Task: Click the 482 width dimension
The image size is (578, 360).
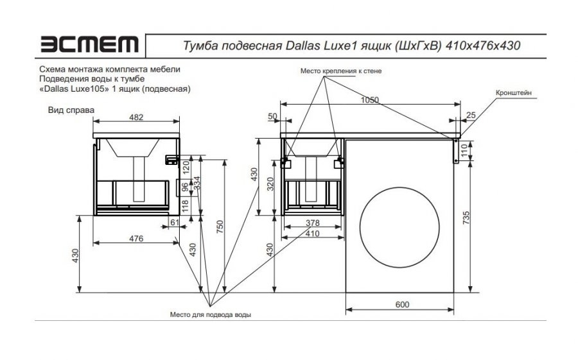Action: (137, 117)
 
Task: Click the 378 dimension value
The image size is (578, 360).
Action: (311, 223)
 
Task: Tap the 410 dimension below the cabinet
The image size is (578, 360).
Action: (312, 234)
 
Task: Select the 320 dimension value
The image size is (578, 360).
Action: (270, 185)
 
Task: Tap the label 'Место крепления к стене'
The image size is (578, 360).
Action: (332, 71)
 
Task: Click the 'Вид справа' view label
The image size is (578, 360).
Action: (72, 110)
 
